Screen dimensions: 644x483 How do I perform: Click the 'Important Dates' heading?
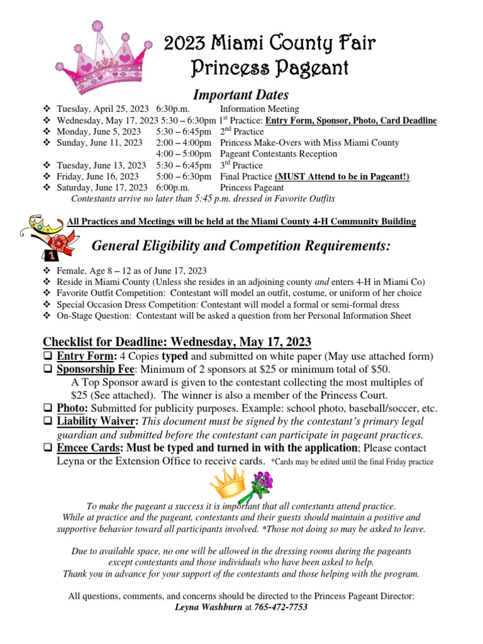coord(240,95)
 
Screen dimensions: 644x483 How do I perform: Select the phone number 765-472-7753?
coord(281,608)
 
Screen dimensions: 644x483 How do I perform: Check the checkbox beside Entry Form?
coord(48,357)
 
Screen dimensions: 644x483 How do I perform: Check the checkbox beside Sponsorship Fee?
coord(48,369)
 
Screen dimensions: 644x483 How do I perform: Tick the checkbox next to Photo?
coord(48,408)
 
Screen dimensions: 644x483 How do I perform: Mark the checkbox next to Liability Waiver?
coord(48,421)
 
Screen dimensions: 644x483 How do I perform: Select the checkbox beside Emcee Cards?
coord(48,448)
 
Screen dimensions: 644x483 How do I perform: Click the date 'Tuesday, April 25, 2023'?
coord(103,109)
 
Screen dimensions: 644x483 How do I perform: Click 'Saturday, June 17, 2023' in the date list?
coord(103,188)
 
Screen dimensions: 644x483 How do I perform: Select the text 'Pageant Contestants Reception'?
coord(279,154)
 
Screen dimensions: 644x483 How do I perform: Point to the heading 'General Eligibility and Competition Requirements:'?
coord(241,245)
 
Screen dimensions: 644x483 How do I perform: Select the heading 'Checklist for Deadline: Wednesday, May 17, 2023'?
coord(177,341)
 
